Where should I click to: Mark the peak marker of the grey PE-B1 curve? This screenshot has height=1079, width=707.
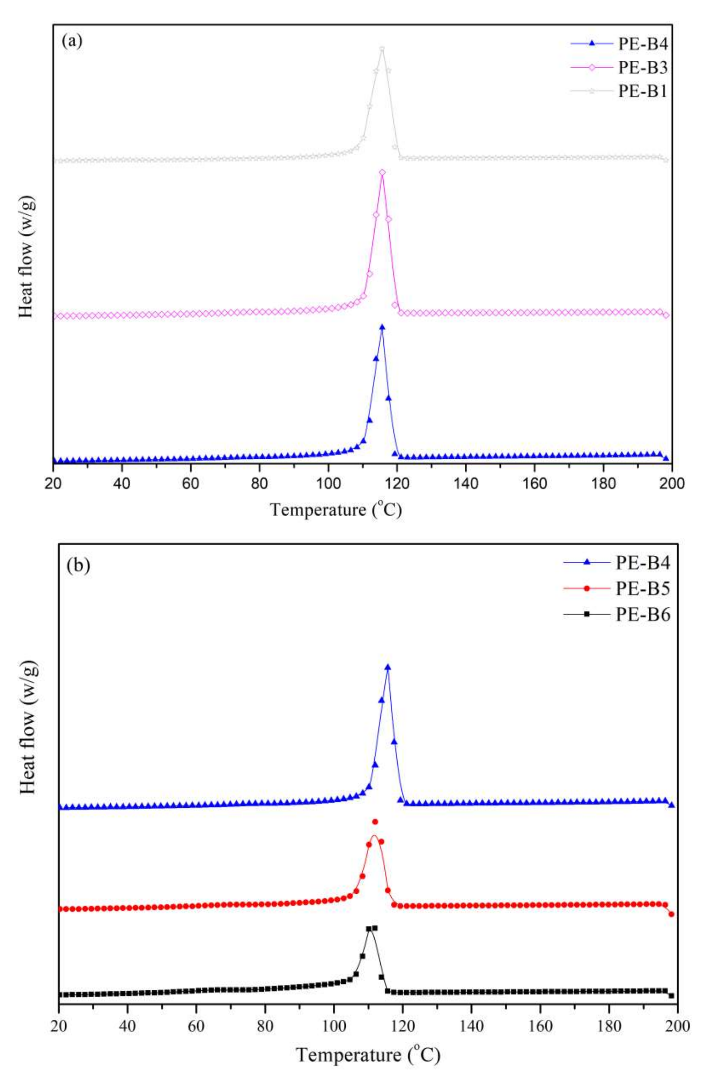[x=382, y=49]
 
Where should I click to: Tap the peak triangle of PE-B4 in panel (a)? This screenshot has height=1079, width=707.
[x=382, y=327]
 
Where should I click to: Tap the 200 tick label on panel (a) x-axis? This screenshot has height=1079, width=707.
[x=672, y=483]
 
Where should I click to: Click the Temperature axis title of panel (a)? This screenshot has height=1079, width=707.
[x=336, y=510]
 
